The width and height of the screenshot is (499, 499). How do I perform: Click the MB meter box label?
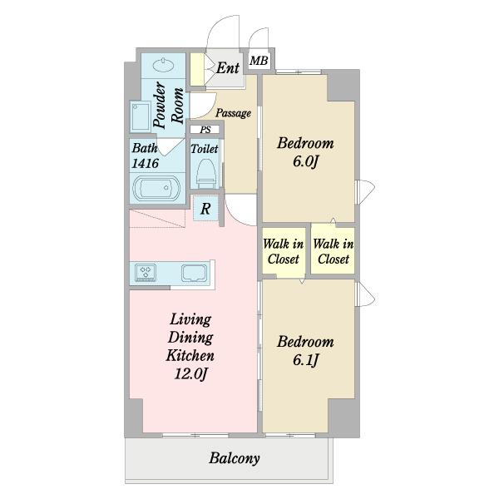[259, 61]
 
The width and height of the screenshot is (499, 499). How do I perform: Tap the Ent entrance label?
[228, 68]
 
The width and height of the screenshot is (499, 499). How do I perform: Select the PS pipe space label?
[205, 130]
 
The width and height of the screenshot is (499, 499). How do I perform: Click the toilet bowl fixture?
[205, 174]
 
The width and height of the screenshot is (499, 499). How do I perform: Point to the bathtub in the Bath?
[156, 189]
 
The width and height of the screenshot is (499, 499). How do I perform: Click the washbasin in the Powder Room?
[163, 65]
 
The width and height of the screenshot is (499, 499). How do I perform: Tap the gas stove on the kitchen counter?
[146, 273]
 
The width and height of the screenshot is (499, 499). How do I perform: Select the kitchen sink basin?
[194, 274]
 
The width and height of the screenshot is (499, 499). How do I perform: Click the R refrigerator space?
[205, 209]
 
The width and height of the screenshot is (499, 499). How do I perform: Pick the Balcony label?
[235, 458]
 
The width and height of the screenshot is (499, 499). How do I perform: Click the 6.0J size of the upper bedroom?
[305, 162]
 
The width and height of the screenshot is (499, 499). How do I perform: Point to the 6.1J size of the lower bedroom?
[305, 360]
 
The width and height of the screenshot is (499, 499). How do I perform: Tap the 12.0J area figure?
[190, 373]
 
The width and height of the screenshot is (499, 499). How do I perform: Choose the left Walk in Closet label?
[283, 251]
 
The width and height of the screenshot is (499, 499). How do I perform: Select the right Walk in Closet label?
[333, 251]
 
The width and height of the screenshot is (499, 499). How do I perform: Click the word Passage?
[233, 113]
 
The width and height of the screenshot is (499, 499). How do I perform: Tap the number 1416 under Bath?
[145, 163]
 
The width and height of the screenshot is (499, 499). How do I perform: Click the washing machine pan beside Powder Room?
[141, 116]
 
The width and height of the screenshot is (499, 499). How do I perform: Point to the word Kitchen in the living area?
[190, 355]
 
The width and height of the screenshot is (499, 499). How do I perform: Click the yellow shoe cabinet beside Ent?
[197, 69]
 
